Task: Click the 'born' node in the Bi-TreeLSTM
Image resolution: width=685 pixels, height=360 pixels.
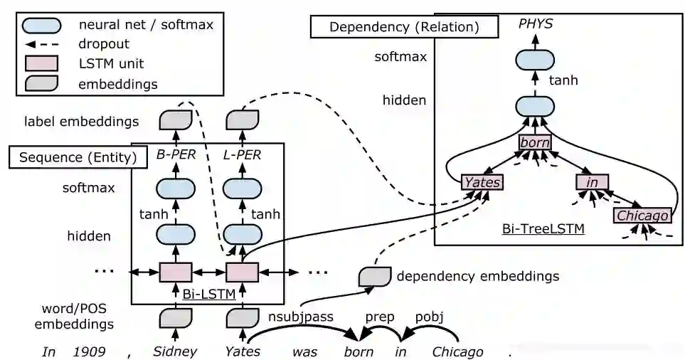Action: coord(534,142)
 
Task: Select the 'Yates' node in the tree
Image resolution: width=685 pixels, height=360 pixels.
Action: coord(482,182)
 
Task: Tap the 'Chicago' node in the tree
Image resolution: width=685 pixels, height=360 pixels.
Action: coord(642,215)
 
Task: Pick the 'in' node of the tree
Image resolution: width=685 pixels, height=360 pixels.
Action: coord(592,182)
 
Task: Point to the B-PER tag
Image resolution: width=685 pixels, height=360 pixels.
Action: coord(175,154)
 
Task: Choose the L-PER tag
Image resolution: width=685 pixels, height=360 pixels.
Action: coord(241,154)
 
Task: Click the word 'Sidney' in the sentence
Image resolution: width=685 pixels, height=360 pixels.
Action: coord(175,351)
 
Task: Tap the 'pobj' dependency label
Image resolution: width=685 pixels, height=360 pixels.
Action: coord(429,317)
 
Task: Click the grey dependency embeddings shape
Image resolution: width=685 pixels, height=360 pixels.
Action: coord(374,275)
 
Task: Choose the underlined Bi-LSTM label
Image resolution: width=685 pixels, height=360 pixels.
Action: coord(208,292)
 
